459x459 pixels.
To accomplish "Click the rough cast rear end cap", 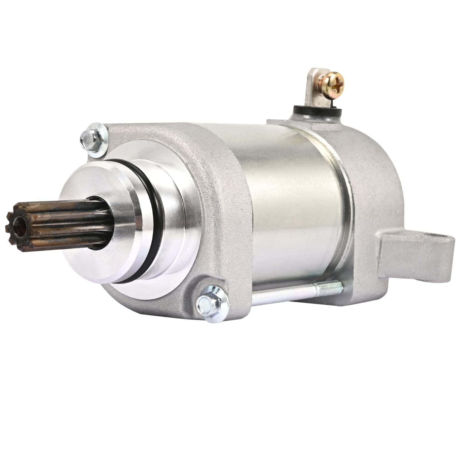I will click(x=373, y=172).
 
